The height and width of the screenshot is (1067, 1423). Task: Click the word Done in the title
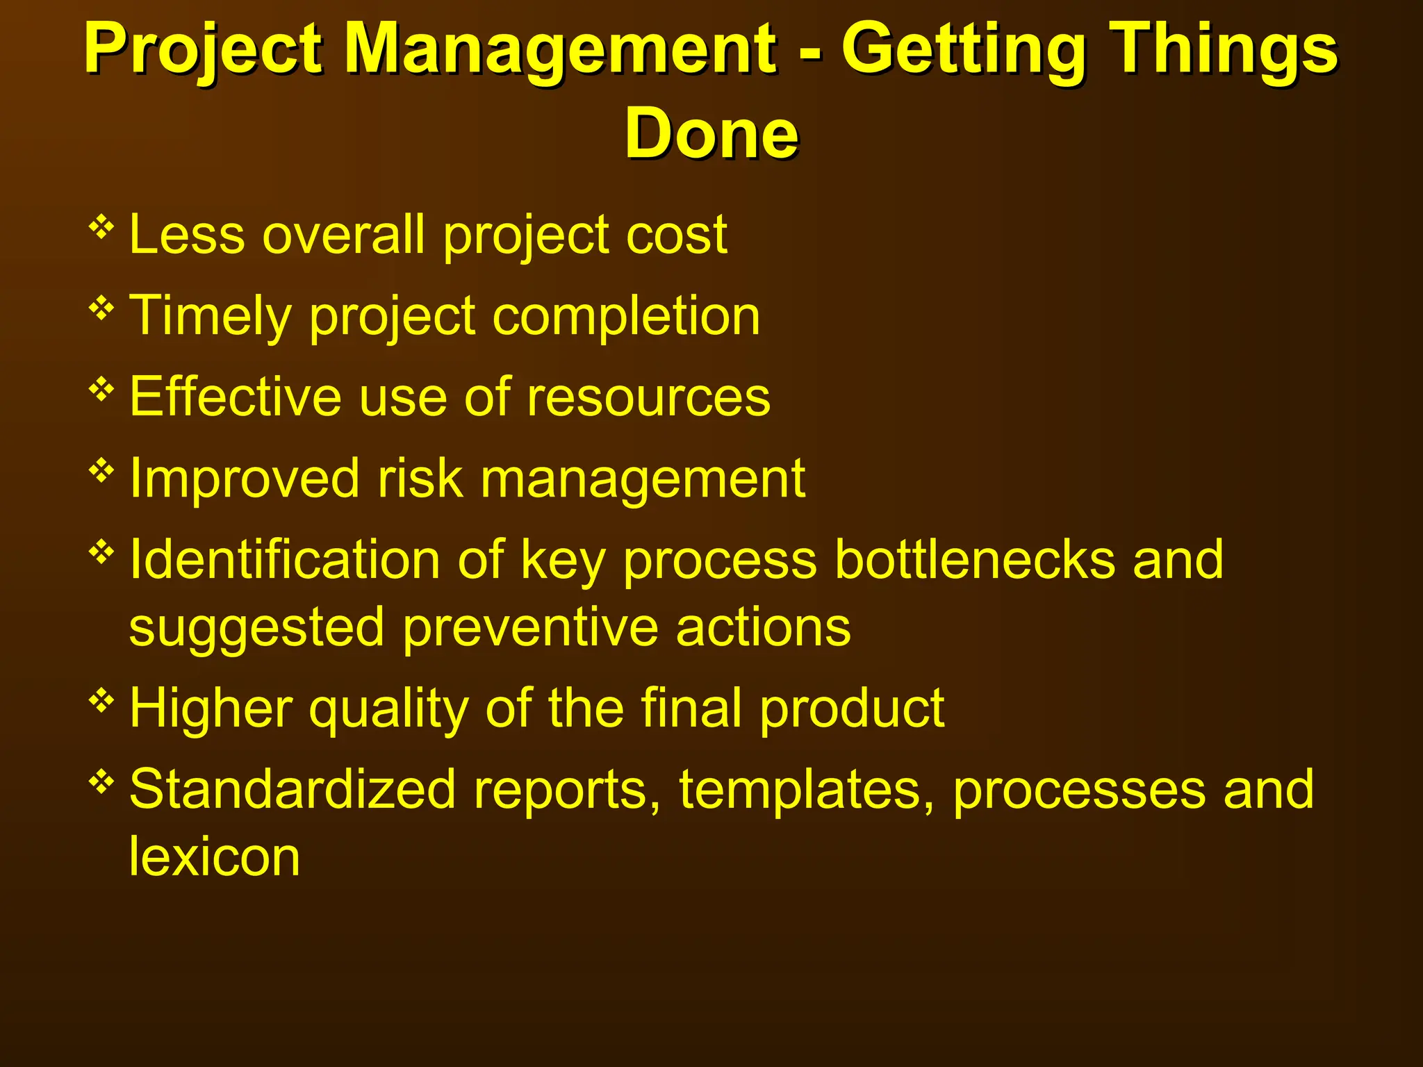[711, 133]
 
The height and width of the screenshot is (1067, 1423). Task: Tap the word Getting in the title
[963, 50]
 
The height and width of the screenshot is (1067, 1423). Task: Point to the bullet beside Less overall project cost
[101, 227]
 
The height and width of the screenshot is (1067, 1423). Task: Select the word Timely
[211, 316]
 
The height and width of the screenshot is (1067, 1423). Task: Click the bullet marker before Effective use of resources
[101, 390]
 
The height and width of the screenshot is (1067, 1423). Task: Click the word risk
[420, 479]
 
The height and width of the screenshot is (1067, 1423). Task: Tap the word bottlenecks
[974, 559]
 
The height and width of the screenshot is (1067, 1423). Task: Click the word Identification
[285, 559]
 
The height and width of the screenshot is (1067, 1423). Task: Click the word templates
[807, 790]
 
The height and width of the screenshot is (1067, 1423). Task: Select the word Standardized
[292, 790]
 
